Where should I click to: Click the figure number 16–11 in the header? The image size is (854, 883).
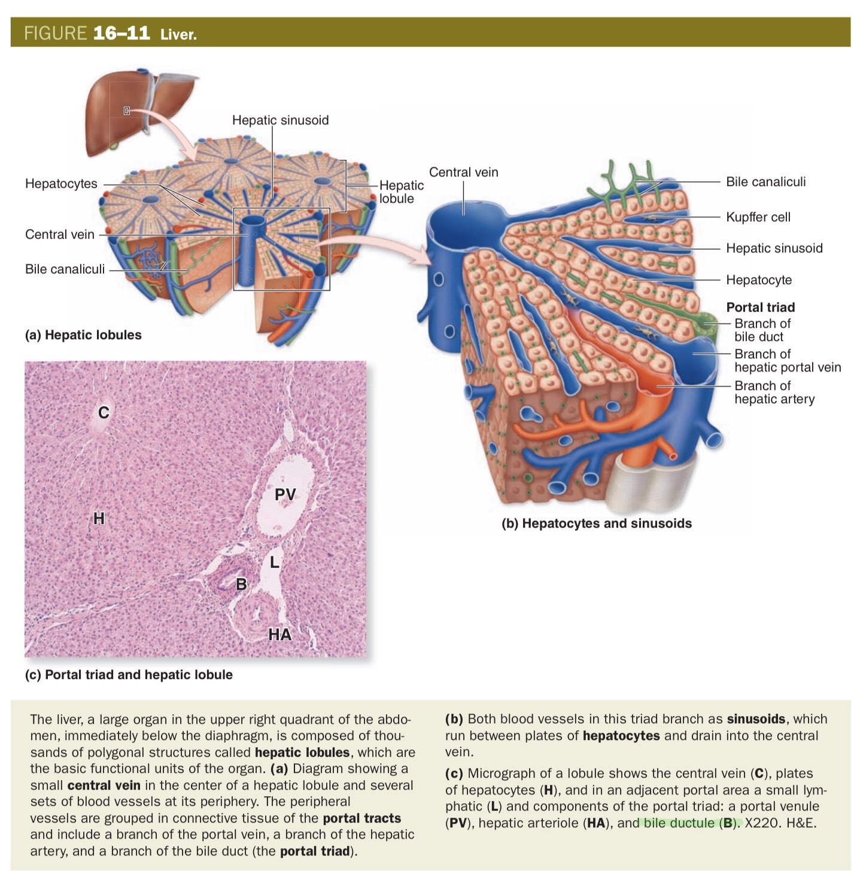pyautogui.click(x=121, y=32)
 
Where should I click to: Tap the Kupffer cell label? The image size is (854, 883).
pyautogui.click(x=758, y=217)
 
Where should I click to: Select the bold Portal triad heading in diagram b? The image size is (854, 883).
pyautogui.click(x=760, y=307)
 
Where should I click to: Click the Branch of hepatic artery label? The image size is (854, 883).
pyautogui.click(x=774, y=392)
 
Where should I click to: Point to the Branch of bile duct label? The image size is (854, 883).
pyautogui.click(x=762, y=330)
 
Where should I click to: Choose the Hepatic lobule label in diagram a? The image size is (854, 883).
pyautogui.click(x=401, y=192)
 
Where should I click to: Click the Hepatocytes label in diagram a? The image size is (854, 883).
pyautogui.click(x=61, y=184)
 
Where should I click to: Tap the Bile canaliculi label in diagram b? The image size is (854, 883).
pyautogui.click(x=765, y=182)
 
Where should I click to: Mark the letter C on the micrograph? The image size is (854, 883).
pyautogui.click(x=104, y=412)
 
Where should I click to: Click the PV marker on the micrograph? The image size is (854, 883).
pyautogui.click(x=285, y=494)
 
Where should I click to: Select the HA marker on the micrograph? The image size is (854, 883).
pyautogui.click(x=279, y=634)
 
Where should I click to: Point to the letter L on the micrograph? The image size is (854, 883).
pyautogui.click(x=274, y=562)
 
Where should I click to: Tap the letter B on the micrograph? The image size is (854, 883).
pyautogui.click(x=241, y=584)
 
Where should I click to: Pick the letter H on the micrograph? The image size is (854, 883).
pyautogui.click(x=99, y=518)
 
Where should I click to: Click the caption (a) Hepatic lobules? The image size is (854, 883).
pyautogui.click(x=83, y=335)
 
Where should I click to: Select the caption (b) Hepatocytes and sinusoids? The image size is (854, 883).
pyautogui.click(x=596, y=523)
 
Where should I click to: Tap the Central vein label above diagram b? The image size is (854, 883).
pyautogui.click(x=463, y=172)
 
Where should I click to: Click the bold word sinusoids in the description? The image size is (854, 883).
pyautogui.click(x=756, y=719)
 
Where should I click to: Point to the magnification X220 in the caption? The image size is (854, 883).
pyautogui.click(x=762, y=823)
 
